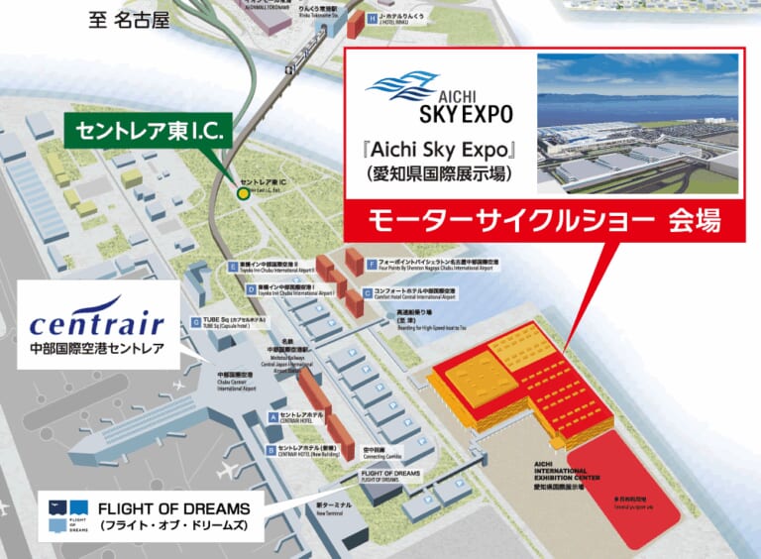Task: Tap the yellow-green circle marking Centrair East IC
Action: [243, 193]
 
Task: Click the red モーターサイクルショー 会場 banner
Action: [543, 219]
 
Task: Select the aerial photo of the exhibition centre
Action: [637, 123]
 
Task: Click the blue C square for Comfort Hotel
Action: [368, 292]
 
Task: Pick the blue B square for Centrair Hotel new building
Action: [271, 449]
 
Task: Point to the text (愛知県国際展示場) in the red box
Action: [433, 175]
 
